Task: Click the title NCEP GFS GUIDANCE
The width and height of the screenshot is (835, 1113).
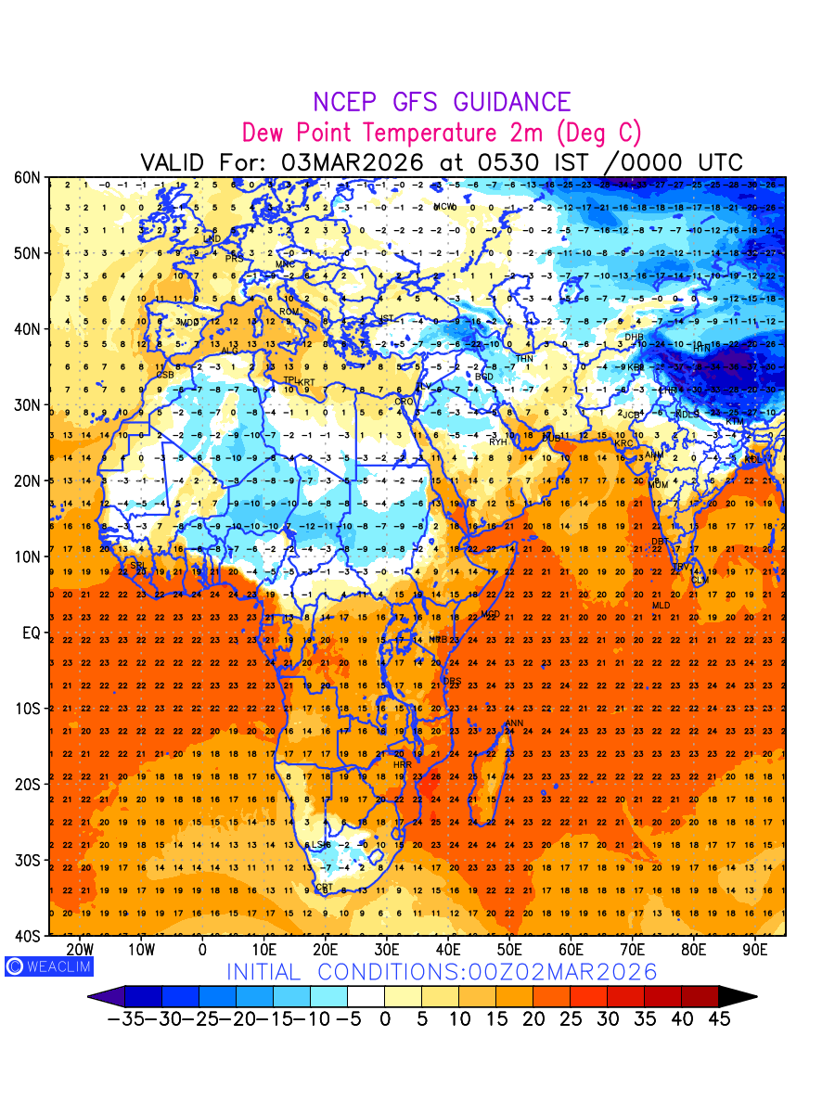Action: tap(442, 102)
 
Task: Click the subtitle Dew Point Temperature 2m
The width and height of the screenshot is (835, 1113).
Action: tap(441, 132)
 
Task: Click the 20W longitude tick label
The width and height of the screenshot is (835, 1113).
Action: tap(80, 950)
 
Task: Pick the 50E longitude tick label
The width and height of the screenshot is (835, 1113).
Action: tap(509, 950)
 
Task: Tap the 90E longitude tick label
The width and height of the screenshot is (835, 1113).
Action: tap(755, 950)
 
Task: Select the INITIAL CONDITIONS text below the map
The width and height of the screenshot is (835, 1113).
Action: tap(442, 972)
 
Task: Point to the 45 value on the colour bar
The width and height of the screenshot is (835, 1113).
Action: tap(718, 1019)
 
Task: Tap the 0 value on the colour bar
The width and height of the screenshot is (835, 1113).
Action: tap(384, 1019)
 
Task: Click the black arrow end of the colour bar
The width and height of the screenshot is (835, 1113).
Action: tap(738, 997)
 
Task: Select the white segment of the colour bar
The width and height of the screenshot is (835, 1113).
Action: tap(366, 997)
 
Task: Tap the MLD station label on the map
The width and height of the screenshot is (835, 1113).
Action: tap(661, 606)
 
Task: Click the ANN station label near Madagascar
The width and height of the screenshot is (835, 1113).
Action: tap(513, 723)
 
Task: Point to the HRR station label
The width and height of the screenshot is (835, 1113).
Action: tap(402, 765)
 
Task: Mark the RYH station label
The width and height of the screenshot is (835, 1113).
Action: tap(498, 441)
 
